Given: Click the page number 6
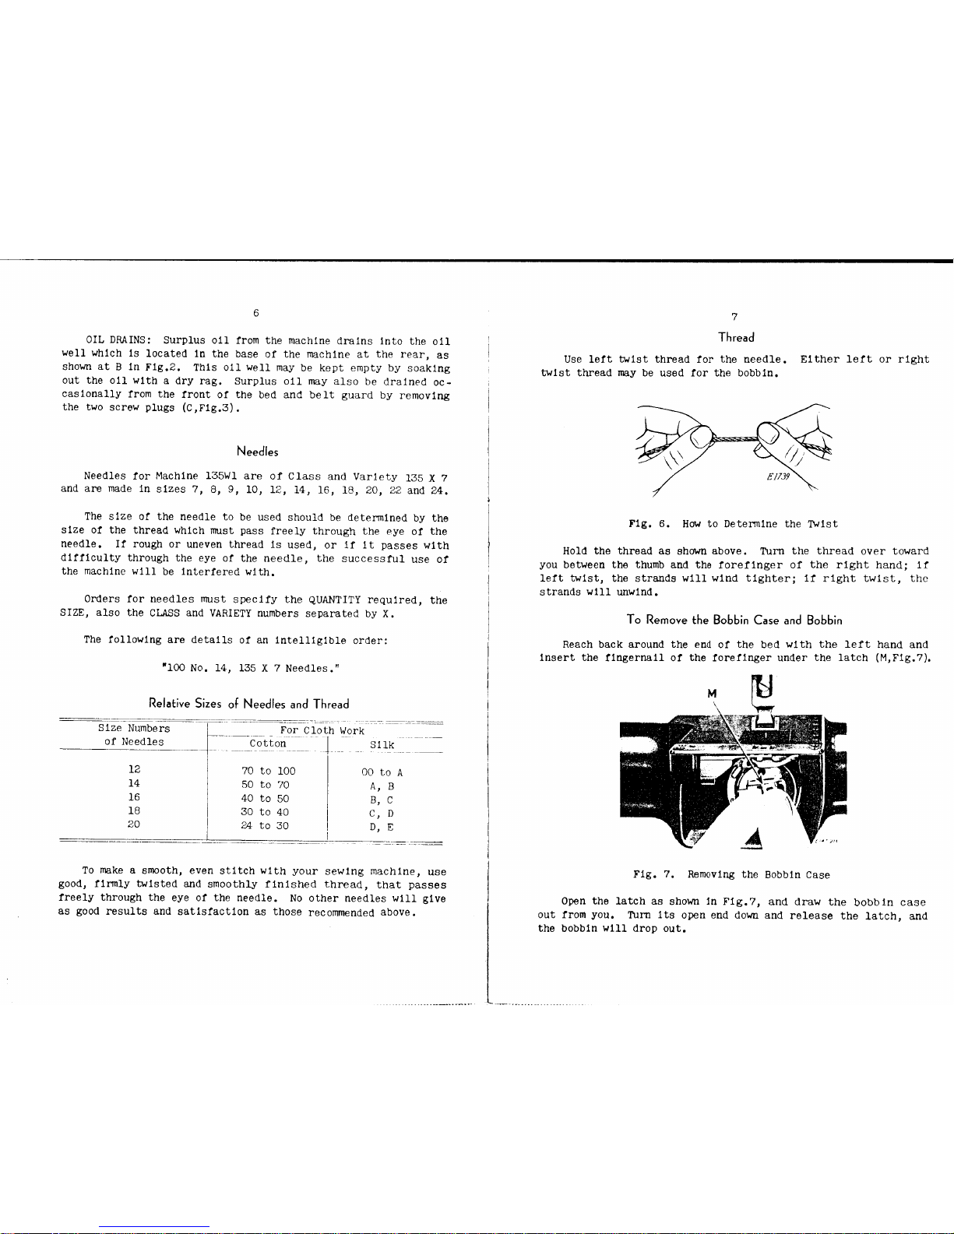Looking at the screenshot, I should tap(256, 313).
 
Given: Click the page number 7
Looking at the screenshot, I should tap(734, 316).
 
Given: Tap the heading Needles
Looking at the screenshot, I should tap(257, 452).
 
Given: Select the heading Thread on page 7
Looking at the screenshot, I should tap(736, 337).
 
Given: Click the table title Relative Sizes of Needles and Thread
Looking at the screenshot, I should tap(248, 704).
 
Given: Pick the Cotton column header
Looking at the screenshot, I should tap(267, 744).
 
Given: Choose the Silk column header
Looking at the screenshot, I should tap(382, 745).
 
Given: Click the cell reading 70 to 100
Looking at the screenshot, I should tap(268, 771).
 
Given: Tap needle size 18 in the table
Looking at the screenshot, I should tap(134, 810).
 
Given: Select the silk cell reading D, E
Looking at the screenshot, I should tap(382, 827).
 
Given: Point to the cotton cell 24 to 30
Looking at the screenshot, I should tap(265, 825).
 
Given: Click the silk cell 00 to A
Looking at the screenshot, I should tap(382, 772).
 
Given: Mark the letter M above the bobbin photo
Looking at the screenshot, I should tap(712, 693).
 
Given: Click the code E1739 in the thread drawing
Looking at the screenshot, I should tap(776, 478).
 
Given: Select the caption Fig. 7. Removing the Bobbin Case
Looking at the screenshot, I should tap(731, 875).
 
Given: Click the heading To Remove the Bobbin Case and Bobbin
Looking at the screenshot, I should tap(734, 620).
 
